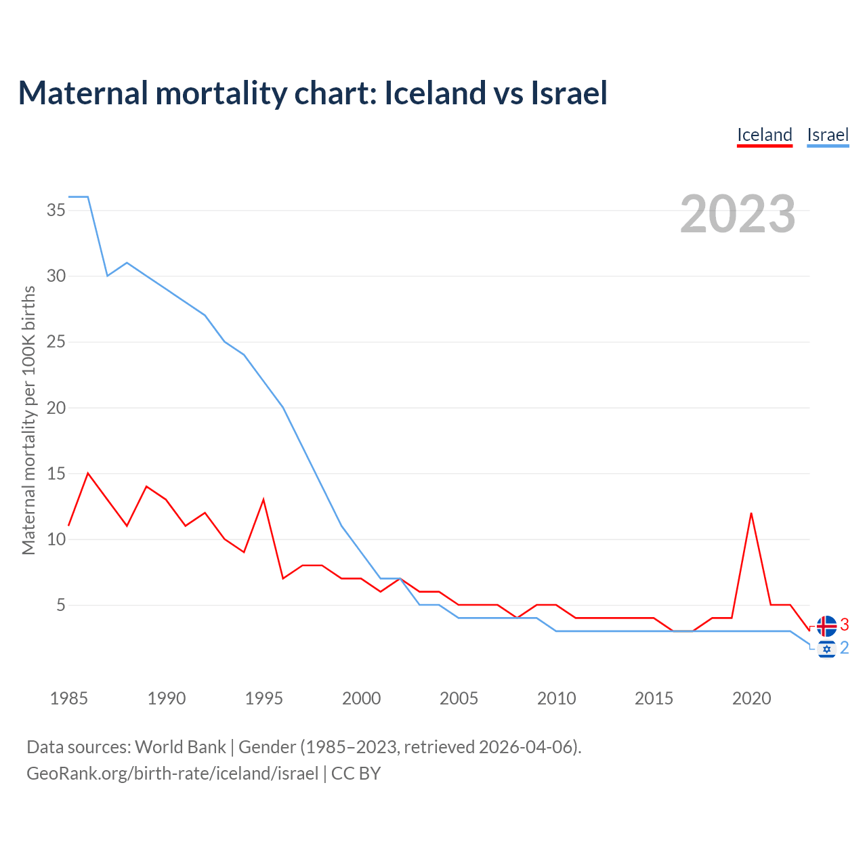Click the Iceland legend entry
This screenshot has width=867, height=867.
(x=765, y=135)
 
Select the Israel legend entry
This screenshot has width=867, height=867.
(x=828, y=135)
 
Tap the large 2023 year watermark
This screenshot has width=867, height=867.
(x=738, y=214)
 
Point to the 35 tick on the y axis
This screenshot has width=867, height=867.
(x=56, y=210)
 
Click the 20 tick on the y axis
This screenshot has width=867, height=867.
(x=56, y=408)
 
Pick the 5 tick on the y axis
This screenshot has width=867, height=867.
(x=61, y=605)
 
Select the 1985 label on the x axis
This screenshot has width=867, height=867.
(x=68, y=698)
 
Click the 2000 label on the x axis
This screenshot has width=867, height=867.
(x=361, y=698)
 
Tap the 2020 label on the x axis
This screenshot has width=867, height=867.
(x=751, y=698)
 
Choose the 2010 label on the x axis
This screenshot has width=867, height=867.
(x=556, y=698)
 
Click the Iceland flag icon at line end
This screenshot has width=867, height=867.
(x=826, y=626)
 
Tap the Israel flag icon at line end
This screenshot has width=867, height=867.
(x=826, y=649)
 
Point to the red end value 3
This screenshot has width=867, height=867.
(x=845, y=625)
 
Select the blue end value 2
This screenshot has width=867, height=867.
(x=845, y=648)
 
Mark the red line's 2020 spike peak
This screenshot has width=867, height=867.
(x=751, y=513)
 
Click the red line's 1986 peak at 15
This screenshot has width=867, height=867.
(x=88, y=473)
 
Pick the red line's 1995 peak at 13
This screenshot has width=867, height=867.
(x=263, y=500)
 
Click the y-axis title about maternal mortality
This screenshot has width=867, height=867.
(x=28, y=420)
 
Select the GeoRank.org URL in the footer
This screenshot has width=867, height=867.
(x=172, y=774)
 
